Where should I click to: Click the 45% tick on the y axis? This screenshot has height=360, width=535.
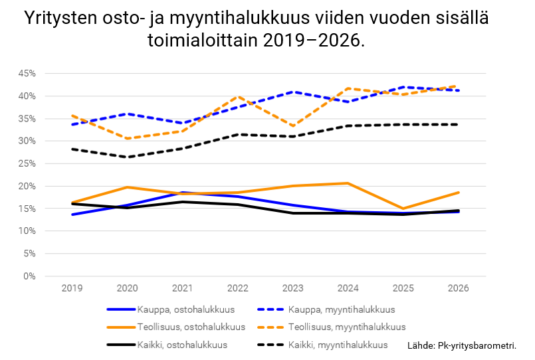tap(27, 73)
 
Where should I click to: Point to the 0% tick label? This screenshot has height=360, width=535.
tap(29, 276)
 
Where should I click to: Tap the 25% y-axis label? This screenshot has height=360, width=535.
tap(27, 163)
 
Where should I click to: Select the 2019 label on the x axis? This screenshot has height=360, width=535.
tap(72, 288)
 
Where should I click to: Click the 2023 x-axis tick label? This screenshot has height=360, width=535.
tap(293, 288)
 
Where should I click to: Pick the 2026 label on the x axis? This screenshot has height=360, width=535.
tap(459, 288)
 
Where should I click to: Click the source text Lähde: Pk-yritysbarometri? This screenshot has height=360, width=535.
tap(461, 346)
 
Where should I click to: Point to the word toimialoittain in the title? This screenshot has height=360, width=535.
tap(201, 40)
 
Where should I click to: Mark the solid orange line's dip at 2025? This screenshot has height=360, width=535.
tap(403, 209)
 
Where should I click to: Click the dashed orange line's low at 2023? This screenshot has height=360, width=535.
tap(293, 126)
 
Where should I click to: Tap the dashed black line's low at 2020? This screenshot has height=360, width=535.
tap(127, 157)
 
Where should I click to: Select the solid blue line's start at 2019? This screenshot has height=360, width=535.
tap(72, 215)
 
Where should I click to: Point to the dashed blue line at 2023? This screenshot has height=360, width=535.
tap(293, 92)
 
